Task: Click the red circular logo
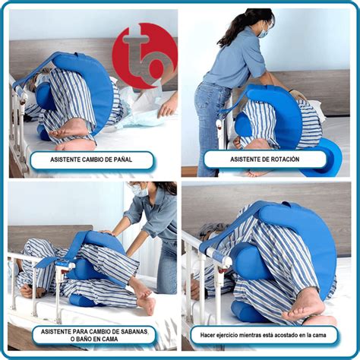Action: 145,55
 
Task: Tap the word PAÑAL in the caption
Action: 122,159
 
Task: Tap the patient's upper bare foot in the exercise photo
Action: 305,305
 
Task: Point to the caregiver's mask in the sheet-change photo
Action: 140,191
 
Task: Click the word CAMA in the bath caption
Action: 110,339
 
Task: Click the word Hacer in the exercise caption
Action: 207,335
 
